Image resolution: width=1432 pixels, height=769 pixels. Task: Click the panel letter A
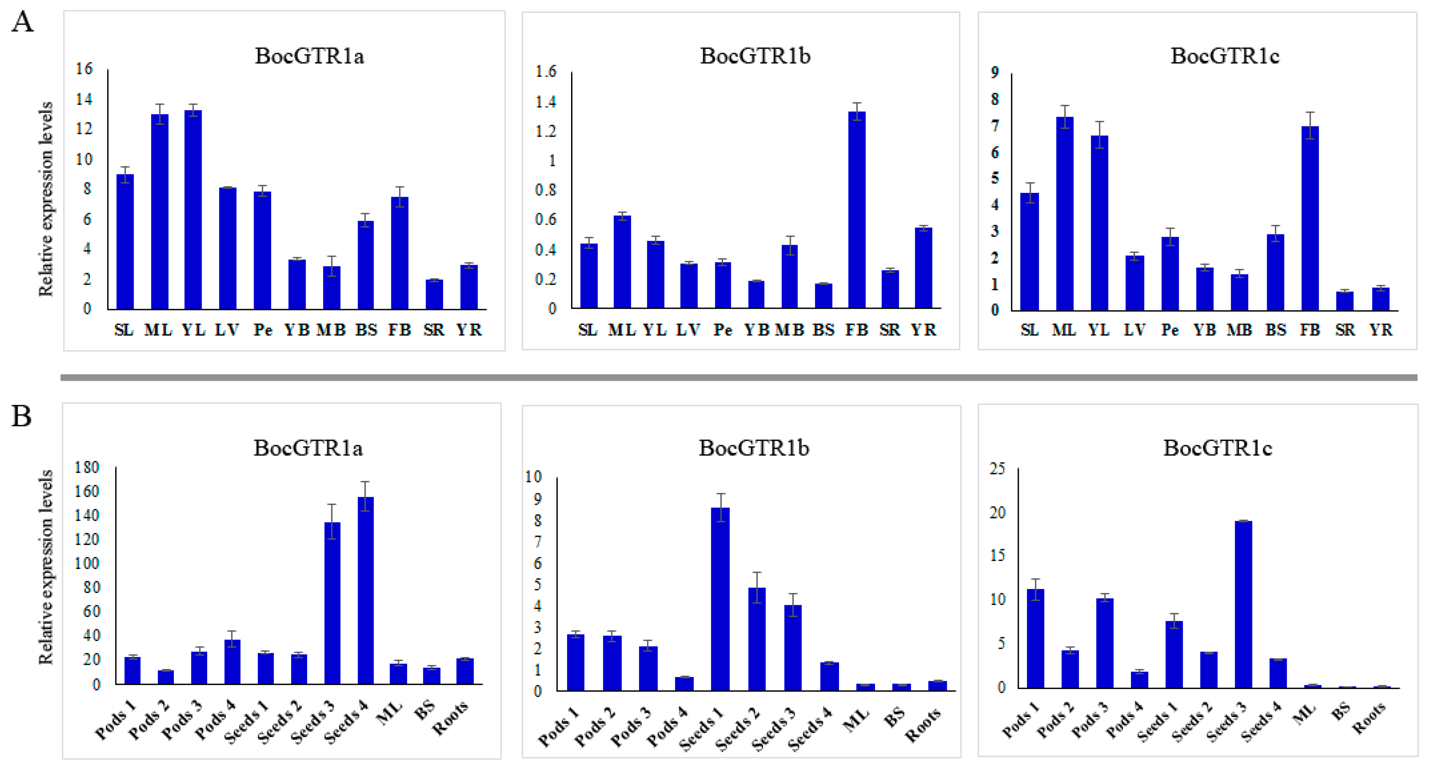(22, 23)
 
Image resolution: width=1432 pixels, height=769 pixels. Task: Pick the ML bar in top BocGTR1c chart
(1064, 214)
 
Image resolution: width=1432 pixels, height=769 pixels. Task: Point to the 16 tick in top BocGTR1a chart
(84, 69)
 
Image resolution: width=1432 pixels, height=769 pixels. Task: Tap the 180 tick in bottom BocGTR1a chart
(87, 467)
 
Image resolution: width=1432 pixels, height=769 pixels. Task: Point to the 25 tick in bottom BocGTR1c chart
(997, 468)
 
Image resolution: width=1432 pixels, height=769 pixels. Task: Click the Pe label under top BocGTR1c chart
(1170, 330)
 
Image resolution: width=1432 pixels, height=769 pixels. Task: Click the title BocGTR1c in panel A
(1225, 56)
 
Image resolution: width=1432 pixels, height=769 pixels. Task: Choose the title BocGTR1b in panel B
(754, 448)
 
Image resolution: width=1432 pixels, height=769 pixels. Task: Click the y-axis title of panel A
(46, 199)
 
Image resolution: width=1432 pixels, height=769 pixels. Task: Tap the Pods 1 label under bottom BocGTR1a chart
(115, 721)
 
